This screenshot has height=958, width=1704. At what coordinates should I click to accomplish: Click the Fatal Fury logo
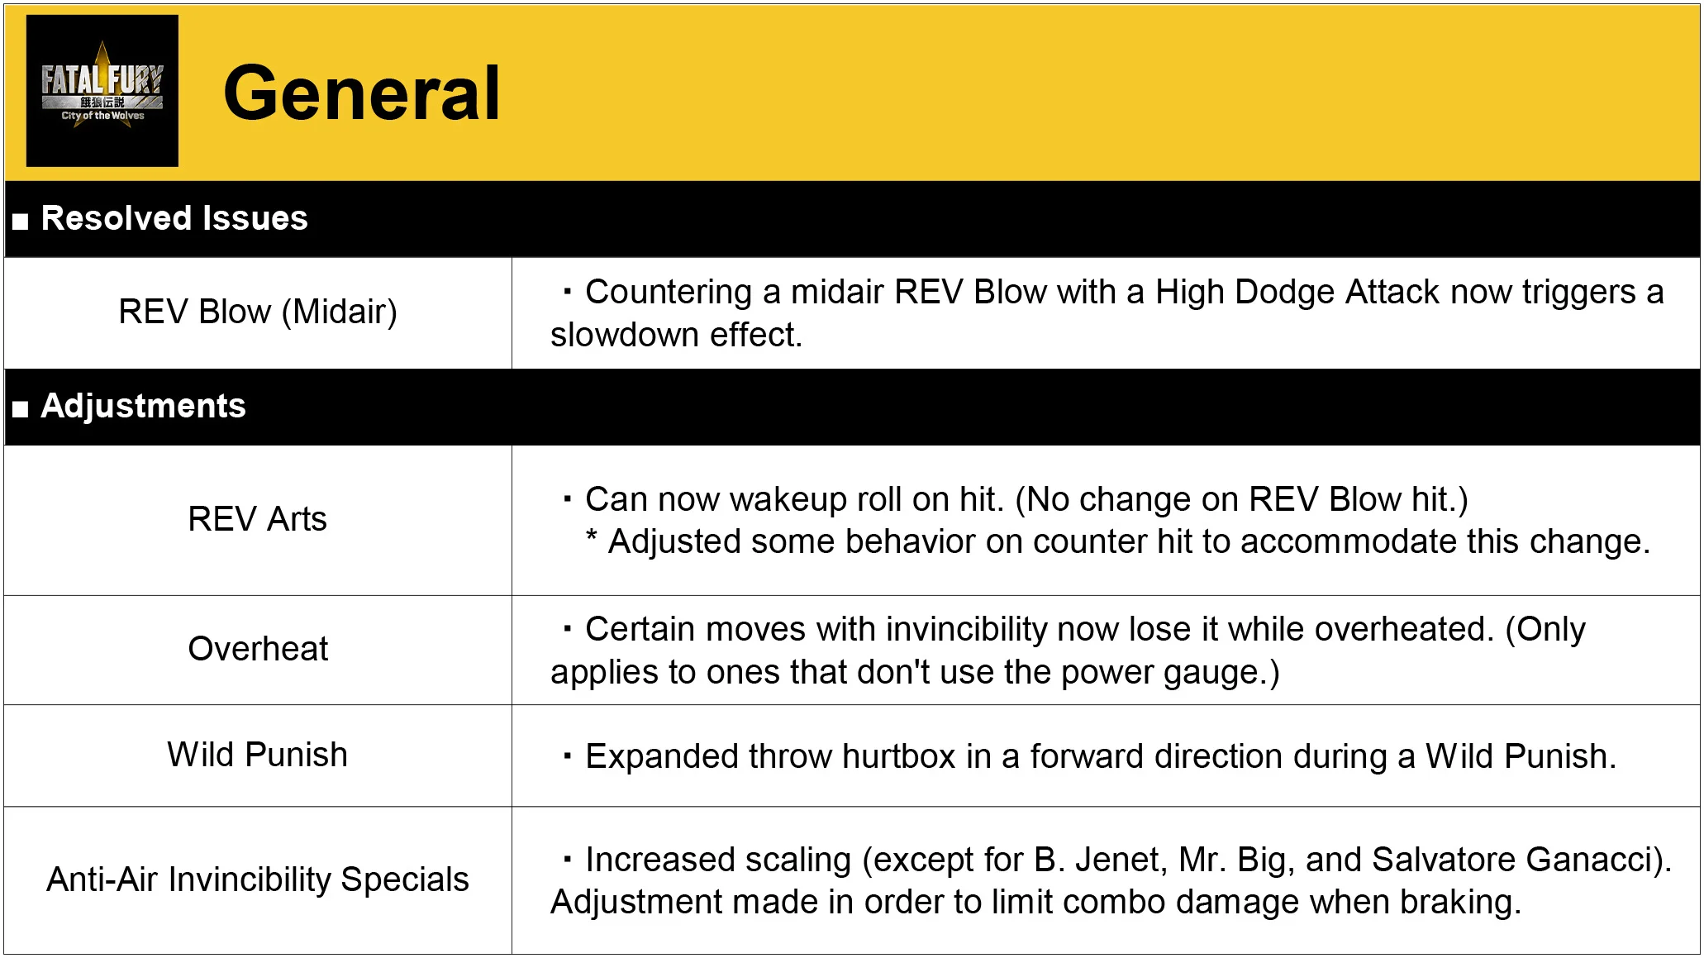pyautogui.click(x=102, y=91)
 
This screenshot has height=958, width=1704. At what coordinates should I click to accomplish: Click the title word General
pyautogui.click(x=362, y=93)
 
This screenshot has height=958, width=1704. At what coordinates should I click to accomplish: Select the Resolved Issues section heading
pyautogui.click(x=174, y=218)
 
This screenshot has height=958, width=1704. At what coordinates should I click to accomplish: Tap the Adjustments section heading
pyautogui.click(x=144, y=406)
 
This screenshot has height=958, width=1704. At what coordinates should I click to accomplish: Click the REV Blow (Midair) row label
pyautogui.click(x=258, y=312)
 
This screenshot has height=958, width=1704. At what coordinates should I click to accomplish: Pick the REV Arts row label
pyautogui.click(x=258, y=519)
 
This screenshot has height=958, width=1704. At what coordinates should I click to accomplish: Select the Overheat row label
pyautogui.click(x=258, y=649)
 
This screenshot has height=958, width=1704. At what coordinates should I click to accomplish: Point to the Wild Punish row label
pyautogui.click(x=258, y=755)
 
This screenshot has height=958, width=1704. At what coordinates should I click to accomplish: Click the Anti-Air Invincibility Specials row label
pyautogui.click(x=258, y=879)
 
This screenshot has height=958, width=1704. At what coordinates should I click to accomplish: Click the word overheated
pyautogui.click(x=1404, y=629)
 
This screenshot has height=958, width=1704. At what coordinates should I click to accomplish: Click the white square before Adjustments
pyautogui.click(x=21, y=408)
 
